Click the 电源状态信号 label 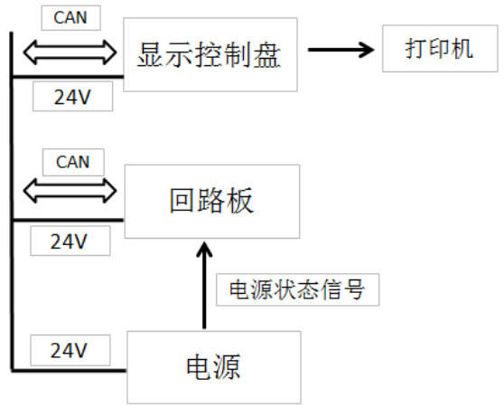(297, 289)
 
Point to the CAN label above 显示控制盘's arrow (70, 18)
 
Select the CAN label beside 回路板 (73, 162)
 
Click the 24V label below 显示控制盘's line (72, 97)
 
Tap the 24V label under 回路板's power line (70, 241)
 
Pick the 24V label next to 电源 (70, 350)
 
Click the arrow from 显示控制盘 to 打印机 (341, 50)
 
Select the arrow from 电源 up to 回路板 (204, 285)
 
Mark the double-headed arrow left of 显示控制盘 (70, 52)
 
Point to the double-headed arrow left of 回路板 (70, 191)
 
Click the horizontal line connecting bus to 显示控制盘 (68, 77)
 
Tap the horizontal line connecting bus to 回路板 (68, 221)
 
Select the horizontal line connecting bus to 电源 (69, 371)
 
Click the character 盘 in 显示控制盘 (267, 54)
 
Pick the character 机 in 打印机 (462, 49)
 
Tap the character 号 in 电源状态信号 (354, 289)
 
